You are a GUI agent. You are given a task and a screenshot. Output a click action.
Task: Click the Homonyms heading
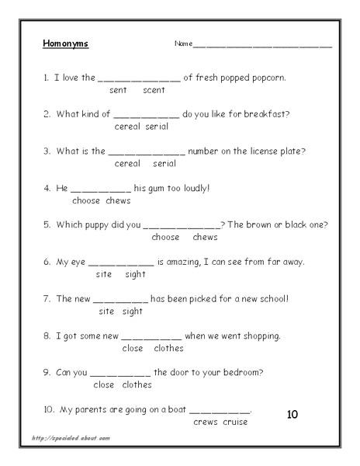click(x=66, y=43)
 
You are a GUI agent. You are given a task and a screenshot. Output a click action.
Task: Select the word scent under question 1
click(x=154, y=90)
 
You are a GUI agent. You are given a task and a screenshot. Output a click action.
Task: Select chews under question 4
click(x=118, y=200)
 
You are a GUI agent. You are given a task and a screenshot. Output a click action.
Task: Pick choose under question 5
click(x=165, y=237)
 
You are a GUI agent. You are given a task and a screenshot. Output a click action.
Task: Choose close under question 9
click(x=103, y=384)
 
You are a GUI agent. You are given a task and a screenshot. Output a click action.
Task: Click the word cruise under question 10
click(x=234, y=422)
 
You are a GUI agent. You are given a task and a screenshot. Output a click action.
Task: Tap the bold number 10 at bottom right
click(x=292, y=414)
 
